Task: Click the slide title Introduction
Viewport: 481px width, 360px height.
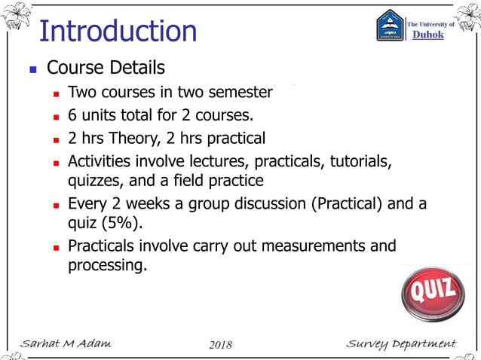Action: (x=118, y=31)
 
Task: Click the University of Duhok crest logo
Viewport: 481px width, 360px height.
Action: (x=391, y=25)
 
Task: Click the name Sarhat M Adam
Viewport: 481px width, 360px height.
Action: (x=66, y=344)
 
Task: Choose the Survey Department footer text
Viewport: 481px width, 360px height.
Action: (x=401, y=344)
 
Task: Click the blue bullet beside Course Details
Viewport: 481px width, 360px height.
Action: (x=32, y=69)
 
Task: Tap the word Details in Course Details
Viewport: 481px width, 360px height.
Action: (x=135, y=68)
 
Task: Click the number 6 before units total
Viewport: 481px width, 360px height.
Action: (x=72, y=115)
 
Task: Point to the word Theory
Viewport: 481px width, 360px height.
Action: (x=128, y=139)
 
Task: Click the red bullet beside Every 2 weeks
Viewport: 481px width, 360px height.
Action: (x=56, y=204)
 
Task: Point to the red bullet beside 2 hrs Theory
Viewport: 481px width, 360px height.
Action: (x=56, y=139)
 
